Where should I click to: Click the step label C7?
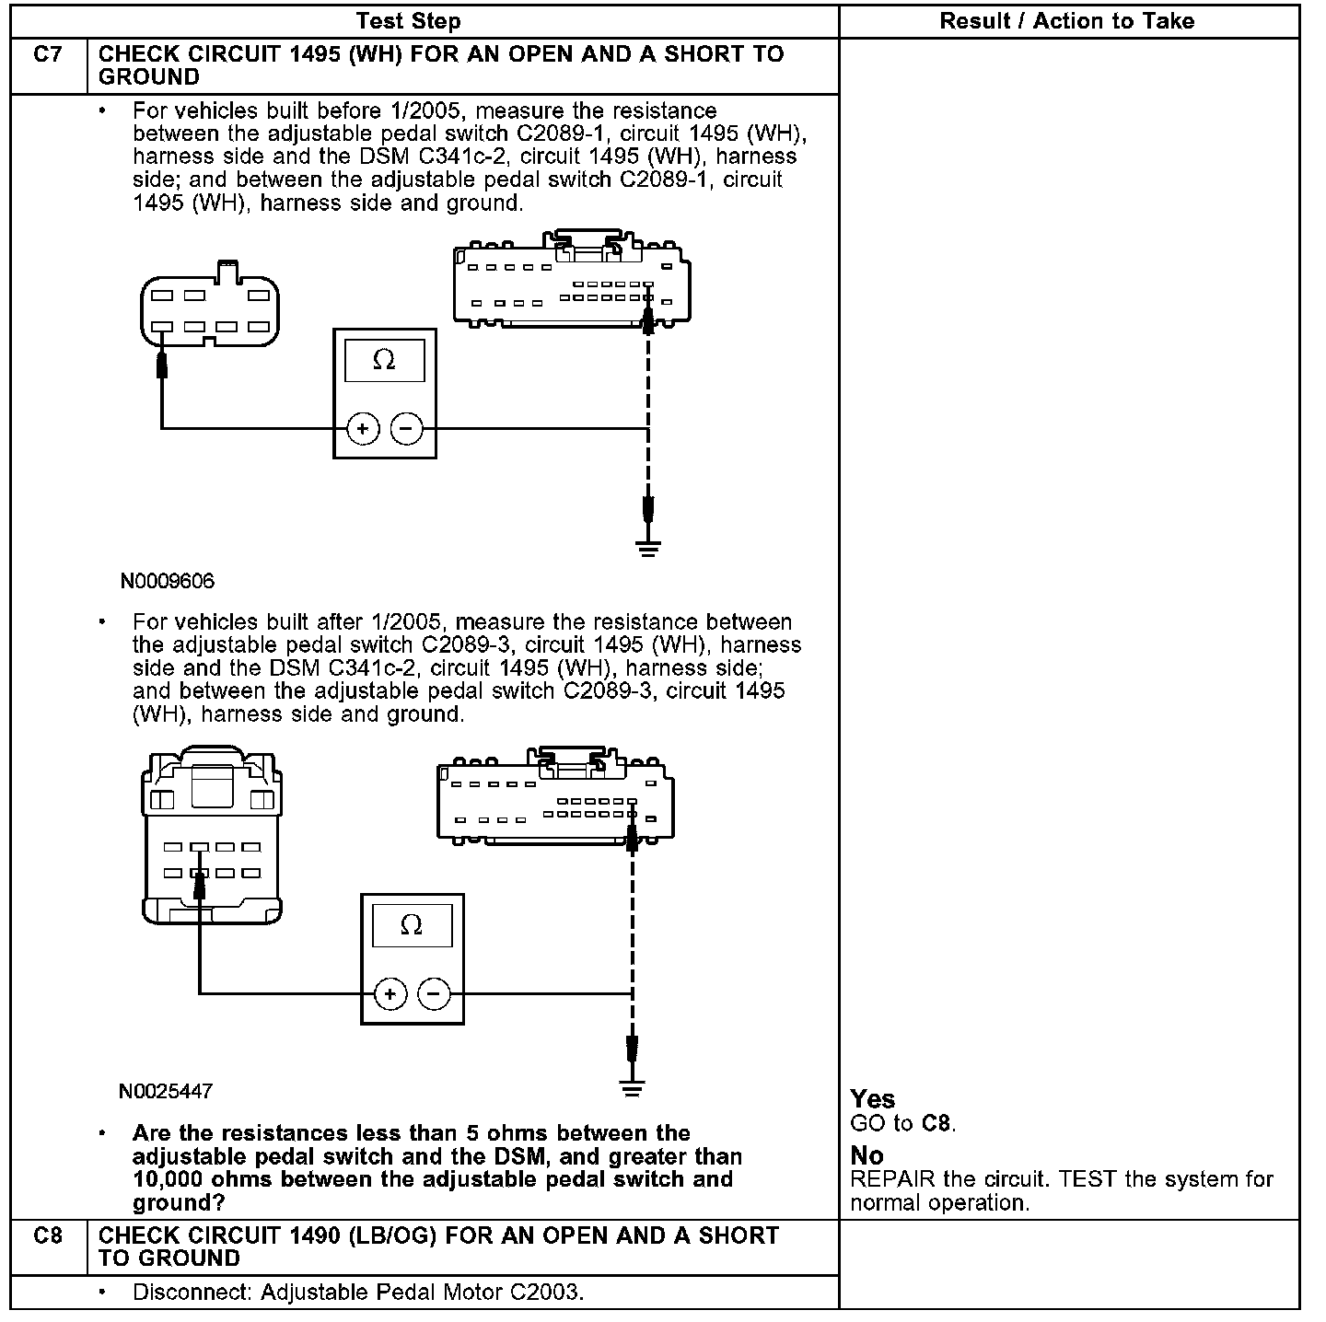pyautogui.click(x=48, y=54)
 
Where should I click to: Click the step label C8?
pyautogui.click(x=48, y=1235)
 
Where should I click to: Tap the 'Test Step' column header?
pyautogui.click(x=408, y=21)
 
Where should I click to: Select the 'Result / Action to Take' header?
pyautogui.click(x=1066, y=21)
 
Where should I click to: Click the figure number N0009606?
pyautogui.click(x=167, y=581)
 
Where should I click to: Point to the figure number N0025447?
pyautogui.click(x=166, y=1092)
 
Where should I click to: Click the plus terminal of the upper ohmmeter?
pyautogui.click(x=364, y=428)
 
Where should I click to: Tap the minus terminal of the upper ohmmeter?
pyautogui.click(x=406, y=428)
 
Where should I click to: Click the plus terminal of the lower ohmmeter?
pyautogui.click(x=391, y=994)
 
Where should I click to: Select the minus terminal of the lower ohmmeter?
pyautogui.click(x=434, y=994)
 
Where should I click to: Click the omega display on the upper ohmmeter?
pyautogui.click(x=384, y=360)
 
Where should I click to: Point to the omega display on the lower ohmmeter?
pyautogui.click(x=412, y=925)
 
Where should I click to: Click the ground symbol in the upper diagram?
pyautogui.click(x=648, y=550)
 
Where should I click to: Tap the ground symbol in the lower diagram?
pyautogui.click(x=632, y=1089)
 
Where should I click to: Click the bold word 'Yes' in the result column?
pyautogui.click(x=872, y=1099)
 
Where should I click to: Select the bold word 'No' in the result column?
pyautogui.click(x=867, y=1155)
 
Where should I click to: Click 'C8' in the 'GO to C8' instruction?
pyautogui.click(x=935, y=1123)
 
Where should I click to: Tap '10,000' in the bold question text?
pyautogui.click(x=169, y=1179)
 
